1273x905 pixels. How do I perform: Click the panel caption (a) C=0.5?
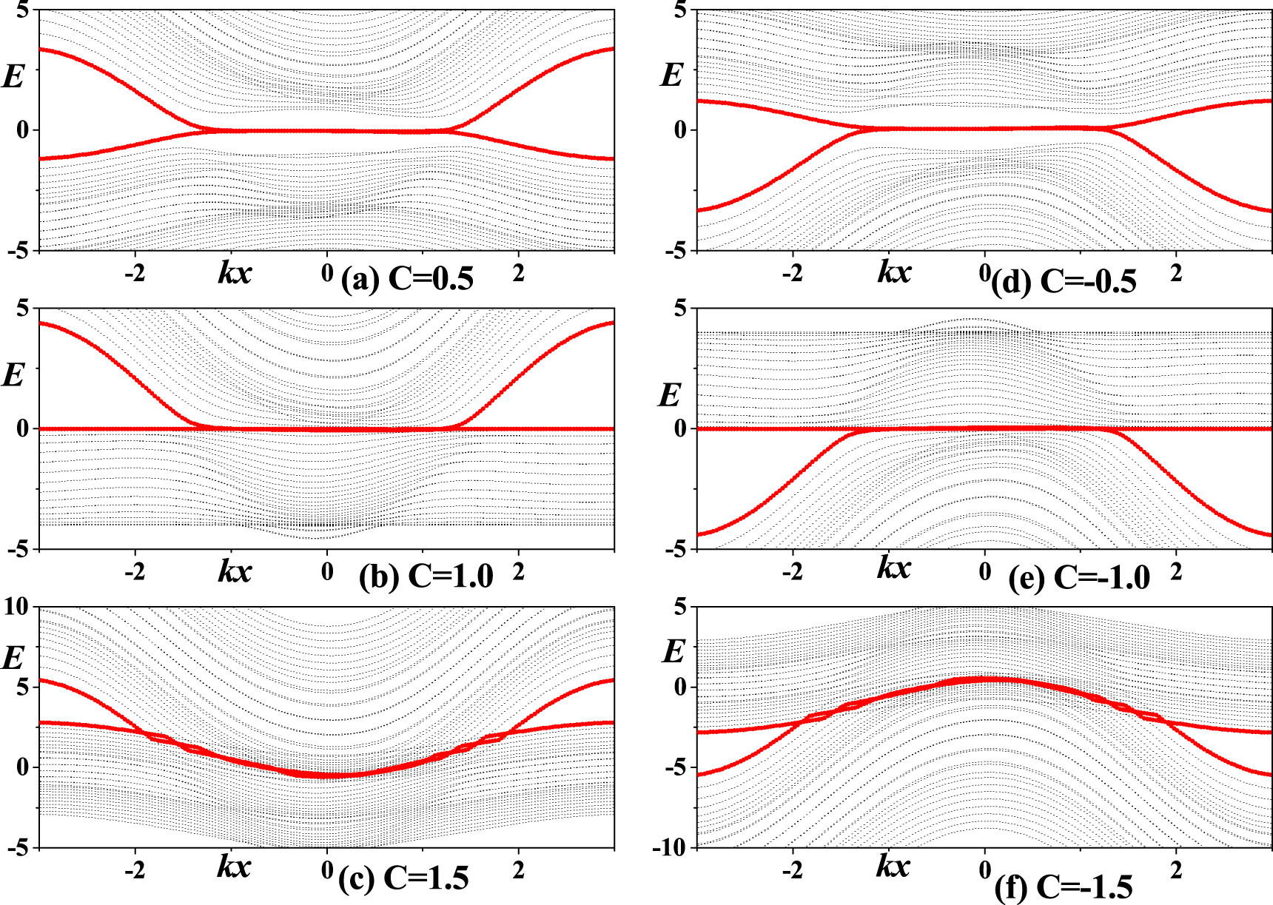click(407, 279)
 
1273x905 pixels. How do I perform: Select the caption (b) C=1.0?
click(426, 576)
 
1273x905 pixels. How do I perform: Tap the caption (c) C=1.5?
click(404, 878)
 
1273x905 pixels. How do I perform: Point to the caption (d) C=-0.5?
click(1064, 282)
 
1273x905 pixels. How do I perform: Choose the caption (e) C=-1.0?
click(1079, 578)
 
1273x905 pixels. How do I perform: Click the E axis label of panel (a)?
click(13, 76)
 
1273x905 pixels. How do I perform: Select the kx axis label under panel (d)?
click(894, 272)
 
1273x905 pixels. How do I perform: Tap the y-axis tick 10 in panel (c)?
click(16, 608)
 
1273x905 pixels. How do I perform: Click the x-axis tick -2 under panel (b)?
click(134, 571)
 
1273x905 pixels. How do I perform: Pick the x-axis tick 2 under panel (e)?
click(1176, 571)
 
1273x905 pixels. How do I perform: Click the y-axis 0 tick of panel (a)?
click(22, 130)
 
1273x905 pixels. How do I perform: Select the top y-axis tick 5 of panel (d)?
click(680, 10)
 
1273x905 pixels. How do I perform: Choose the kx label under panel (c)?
click(235, 866)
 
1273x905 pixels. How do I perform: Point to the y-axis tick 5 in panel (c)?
click(22, 687)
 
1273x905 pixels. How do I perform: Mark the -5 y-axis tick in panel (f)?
click(675, 768)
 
